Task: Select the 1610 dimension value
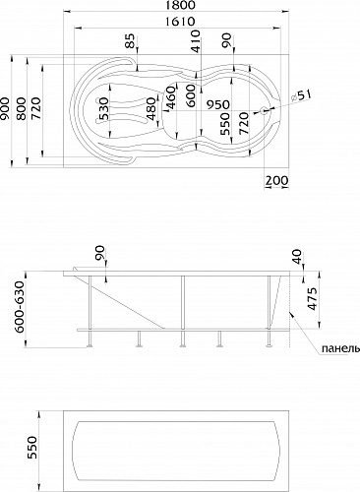(179, 22)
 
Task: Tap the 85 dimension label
(130, 41)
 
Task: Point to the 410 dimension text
(196, 41)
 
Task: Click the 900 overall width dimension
(6, 108)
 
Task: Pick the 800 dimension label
(22, 108)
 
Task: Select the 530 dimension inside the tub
(102, 108)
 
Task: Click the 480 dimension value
(151, 108)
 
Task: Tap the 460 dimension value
(170, 97)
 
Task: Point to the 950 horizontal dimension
(217, 104)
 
